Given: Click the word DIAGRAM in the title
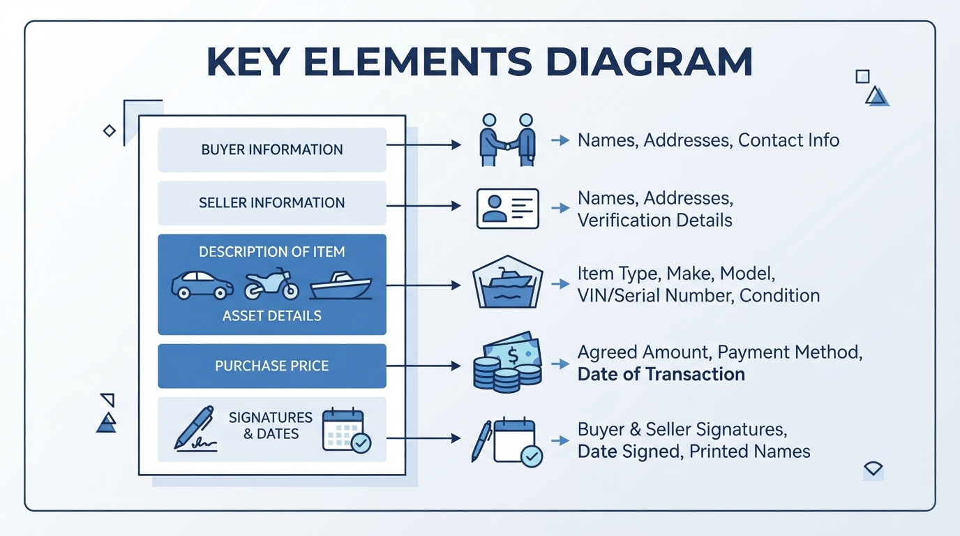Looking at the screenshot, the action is [x=649, y=61].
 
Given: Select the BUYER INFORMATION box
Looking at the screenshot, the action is [x=272, y=149].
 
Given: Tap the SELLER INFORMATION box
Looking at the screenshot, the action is [x=272, y=203].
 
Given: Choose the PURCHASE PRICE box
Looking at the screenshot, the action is [x=272, y=366].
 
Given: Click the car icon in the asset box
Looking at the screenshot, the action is [x=202, y=285].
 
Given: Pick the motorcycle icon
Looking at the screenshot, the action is [x=271, y=284].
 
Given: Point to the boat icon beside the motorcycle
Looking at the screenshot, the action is [x=341, y=285].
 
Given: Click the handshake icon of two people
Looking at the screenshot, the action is [x=507, y=140].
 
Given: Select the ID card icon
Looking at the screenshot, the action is [x=508, y=209].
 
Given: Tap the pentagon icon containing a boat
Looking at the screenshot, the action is [x=508, y=282].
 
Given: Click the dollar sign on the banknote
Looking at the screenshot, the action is [x=513, y=355].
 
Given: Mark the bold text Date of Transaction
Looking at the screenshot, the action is [x=661, y=374].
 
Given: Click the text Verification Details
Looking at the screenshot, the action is [x=655, y=221].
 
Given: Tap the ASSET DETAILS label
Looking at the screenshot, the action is [x=272, y=316].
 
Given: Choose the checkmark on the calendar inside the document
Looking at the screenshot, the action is [x=361, y=443].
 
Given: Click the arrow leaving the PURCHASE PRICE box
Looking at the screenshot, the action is [x=423, y=366].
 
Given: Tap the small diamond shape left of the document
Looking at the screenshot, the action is [x=110, y=131].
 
